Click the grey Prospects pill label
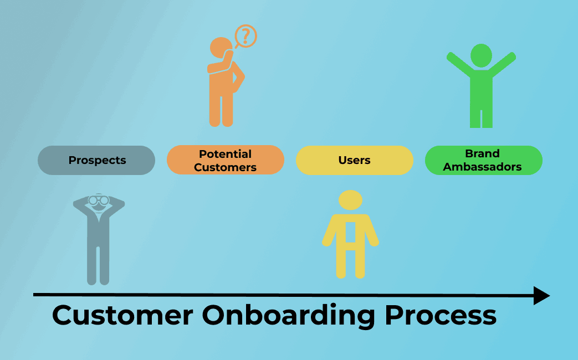pos(96,161)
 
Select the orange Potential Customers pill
pos(225,161)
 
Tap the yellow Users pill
pos(354,161)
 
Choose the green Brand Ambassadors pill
pos(483,161)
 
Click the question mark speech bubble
pos(246,36)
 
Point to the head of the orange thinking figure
pos(221,48)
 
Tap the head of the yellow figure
pos(350,200)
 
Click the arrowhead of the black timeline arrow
pos(541,295)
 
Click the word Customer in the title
pos(122,315)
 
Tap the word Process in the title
pos(441,315)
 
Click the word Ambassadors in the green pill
pos(483,167)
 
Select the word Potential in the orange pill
pos(225,154)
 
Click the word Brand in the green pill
pos(483,153)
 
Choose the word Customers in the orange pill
pos(225,167)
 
